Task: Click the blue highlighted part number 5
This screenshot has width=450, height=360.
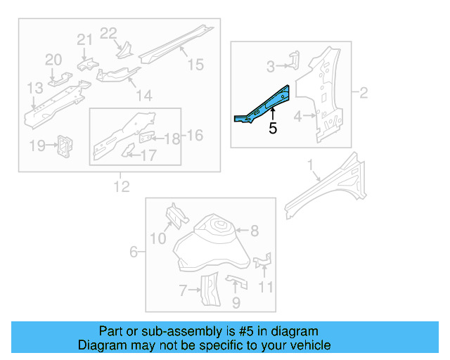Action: click(x=264, y=105)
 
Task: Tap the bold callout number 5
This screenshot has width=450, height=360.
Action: click(x=273, y=129)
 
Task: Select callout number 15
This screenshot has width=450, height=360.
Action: click(x=195, y=65)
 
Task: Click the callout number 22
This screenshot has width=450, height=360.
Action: click(x=108, y=33)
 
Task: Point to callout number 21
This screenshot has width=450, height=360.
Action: click(x=84, y=40)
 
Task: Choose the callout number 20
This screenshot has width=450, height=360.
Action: click(x=54, y=60)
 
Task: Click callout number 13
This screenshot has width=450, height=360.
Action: click(x=35, y=88)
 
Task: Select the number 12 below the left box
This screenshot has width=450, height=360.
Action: click(x=122, y=186)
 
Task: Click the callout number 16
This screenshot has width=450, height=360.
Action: click(x=194, y=135)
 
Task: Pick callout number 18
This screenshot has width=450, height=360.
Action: click(x=172, y=139)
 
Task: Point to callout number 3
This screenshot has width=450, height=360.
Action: click(x=271, y=67)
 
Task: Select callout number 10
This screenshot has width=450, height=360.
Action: click(x=157, y=239)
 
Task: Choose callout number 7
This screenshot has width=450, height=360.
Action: click(x=183, y=289)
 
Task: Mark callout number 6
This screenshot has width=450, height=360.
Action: click(x=134, y=252)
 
